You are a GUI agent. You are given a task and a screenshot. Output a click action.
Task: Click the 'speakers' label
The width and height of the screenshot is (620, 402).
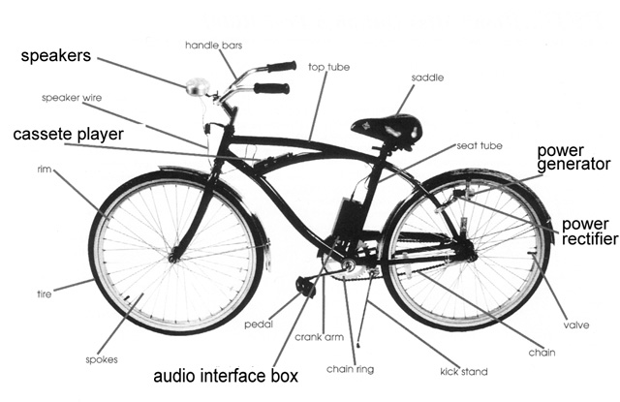point(56,57)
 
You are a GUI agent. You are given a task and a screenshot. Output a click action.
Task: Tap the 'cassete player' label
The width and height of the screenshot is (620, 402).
point(69,135)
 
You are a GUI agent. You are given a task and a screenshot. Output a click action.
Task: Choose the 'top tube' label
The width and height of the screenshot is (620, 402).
point(329,67)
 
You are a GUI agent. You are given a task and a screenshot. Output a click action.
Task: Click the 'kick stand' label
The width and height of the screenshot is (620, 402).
point(464,371)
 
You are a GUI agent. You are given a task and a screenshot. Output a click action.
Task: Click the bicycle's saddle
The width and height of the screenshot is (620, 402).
point(387,127)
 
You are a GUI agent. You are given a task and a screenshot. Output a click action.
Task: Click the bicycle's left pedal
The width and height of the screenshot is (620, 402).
point(307,287)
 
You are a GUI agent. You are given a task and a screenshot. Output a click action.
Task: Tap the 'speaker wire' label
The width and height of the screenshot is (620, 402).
point(72,98)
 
